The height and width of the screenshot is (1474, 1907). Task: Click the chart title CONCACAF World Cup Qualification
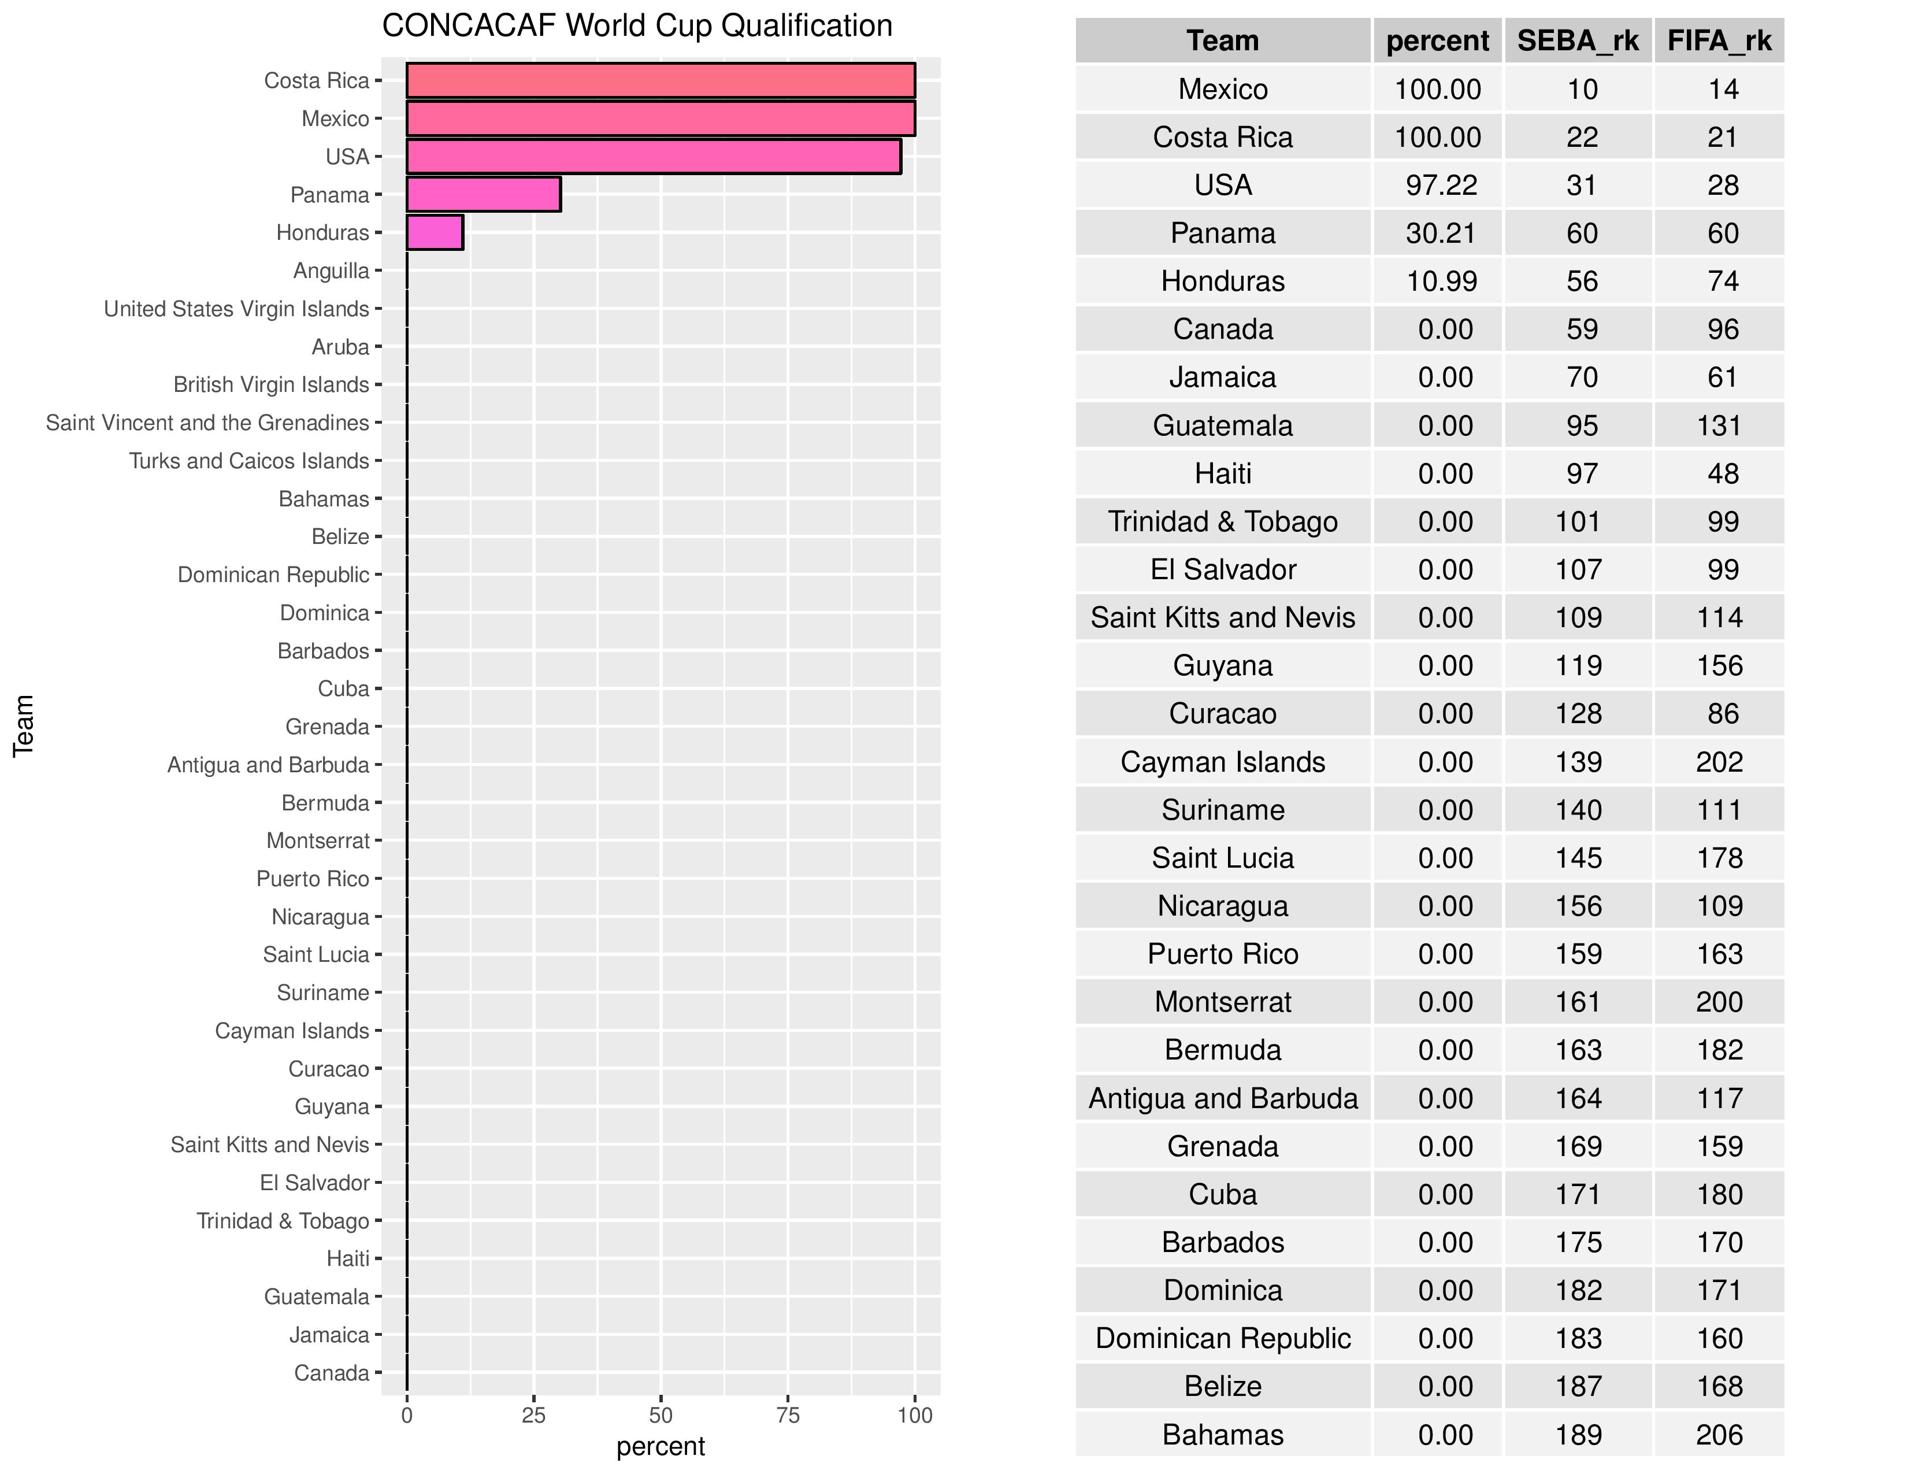point(637,26)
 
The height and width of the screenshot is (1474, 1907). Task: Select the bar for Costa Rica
point(660,80)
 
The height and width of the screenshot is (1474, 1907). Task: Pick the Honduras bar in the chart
point(435,232)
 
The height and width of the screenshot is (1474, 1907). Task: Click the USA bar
point(653,156)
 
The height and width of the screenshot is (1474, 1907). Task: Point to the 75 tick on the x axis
point(788,1416)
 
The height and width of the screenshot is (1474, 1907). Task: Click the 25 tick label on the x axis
point(533,1416)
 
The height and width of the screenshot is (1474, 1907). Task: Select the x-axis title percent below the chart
point(660,1446)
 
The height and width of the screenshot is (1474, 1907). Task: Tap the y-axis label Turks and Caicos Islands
point(249,461)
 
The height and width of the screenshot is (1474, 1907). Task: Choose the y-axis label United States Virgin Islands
point(236,309)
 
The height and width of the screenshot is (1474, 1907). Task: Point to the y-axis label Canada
point(331,1373)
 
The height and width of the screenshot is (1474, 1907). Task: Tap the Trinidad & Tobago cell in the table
point(1222,521)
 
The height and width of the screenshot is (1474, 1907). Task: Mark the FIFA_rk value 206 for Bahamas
point(1719,1435)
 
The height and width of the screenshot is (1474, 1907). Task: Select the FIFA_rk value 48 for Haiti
point(1723,473)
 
